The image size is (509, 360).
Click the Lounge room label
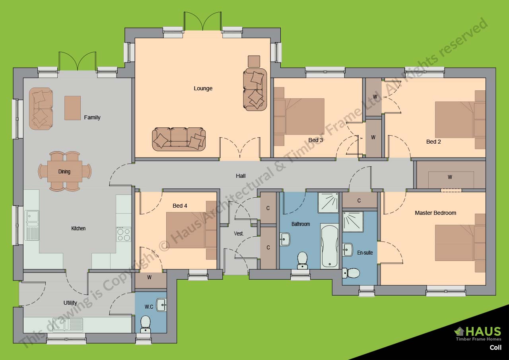[203, 88]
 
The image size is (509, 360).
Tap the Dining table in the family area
[64, 171]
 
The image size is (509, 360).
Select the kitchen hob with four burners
[124, 234]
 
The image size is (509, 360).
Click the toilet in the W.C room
[146, 323]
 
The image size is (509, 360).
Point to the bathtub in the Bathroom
[330, 246]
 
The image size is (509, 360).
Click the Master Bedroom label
[435, 213]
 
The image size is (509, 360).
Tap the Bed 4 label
[180, 206]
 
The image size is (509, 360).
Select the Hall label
[241, 176]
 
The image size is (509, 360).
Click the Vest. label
[239, 234]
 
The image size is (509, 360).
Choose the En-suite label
[365, 253]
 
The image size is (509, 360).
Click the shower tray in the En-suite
[353, 222]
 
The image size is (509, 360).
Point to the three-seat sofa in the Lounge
[179, 139]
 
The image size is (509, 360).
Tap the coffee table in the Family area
[72, 108]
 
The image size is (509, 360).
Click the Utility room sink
[68, 325]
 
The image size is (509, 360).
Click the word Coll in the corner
[495, 347]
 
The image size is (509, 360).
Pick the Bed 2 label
[433, 142]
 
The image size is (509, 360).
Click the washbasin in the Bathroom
[285, 239]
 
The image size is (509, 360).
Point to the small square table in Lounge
[254, 61]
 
